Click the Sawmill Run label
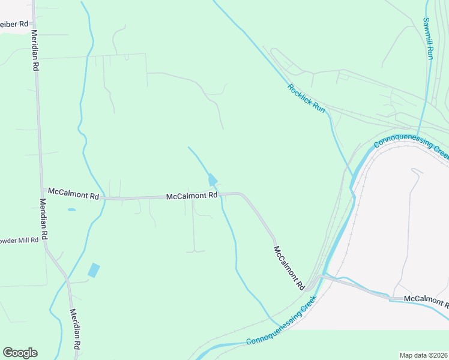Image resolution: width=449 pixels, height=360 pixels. [x=428, y=38]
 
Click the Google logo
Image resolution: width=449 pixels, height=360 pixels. [x=20, y=353]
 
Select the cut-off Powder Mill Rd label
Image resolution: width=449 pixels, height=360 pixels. [x=19, y=240]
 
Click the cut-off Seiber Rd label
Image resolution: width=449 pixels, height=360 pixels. [x=14, y=24]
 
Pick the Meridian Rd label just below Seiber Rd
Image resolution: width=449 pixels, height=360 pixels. [x=35, y=51]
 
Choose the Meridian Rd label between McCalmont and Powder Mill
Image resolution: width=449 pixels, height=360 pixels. [x=44, y=219]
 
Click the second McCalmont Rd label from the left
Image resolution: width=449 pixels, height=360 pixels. [x=191, y=196]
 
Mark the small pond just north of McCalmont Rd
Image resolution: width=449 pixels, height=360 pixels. [x=212, y=180]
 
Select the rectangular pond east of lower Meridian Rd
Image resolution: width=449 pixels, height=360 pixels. [x=94, y=270]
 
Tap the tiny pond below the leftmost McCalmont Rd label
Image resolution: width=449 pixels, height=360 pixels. [x=72, y=209]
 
